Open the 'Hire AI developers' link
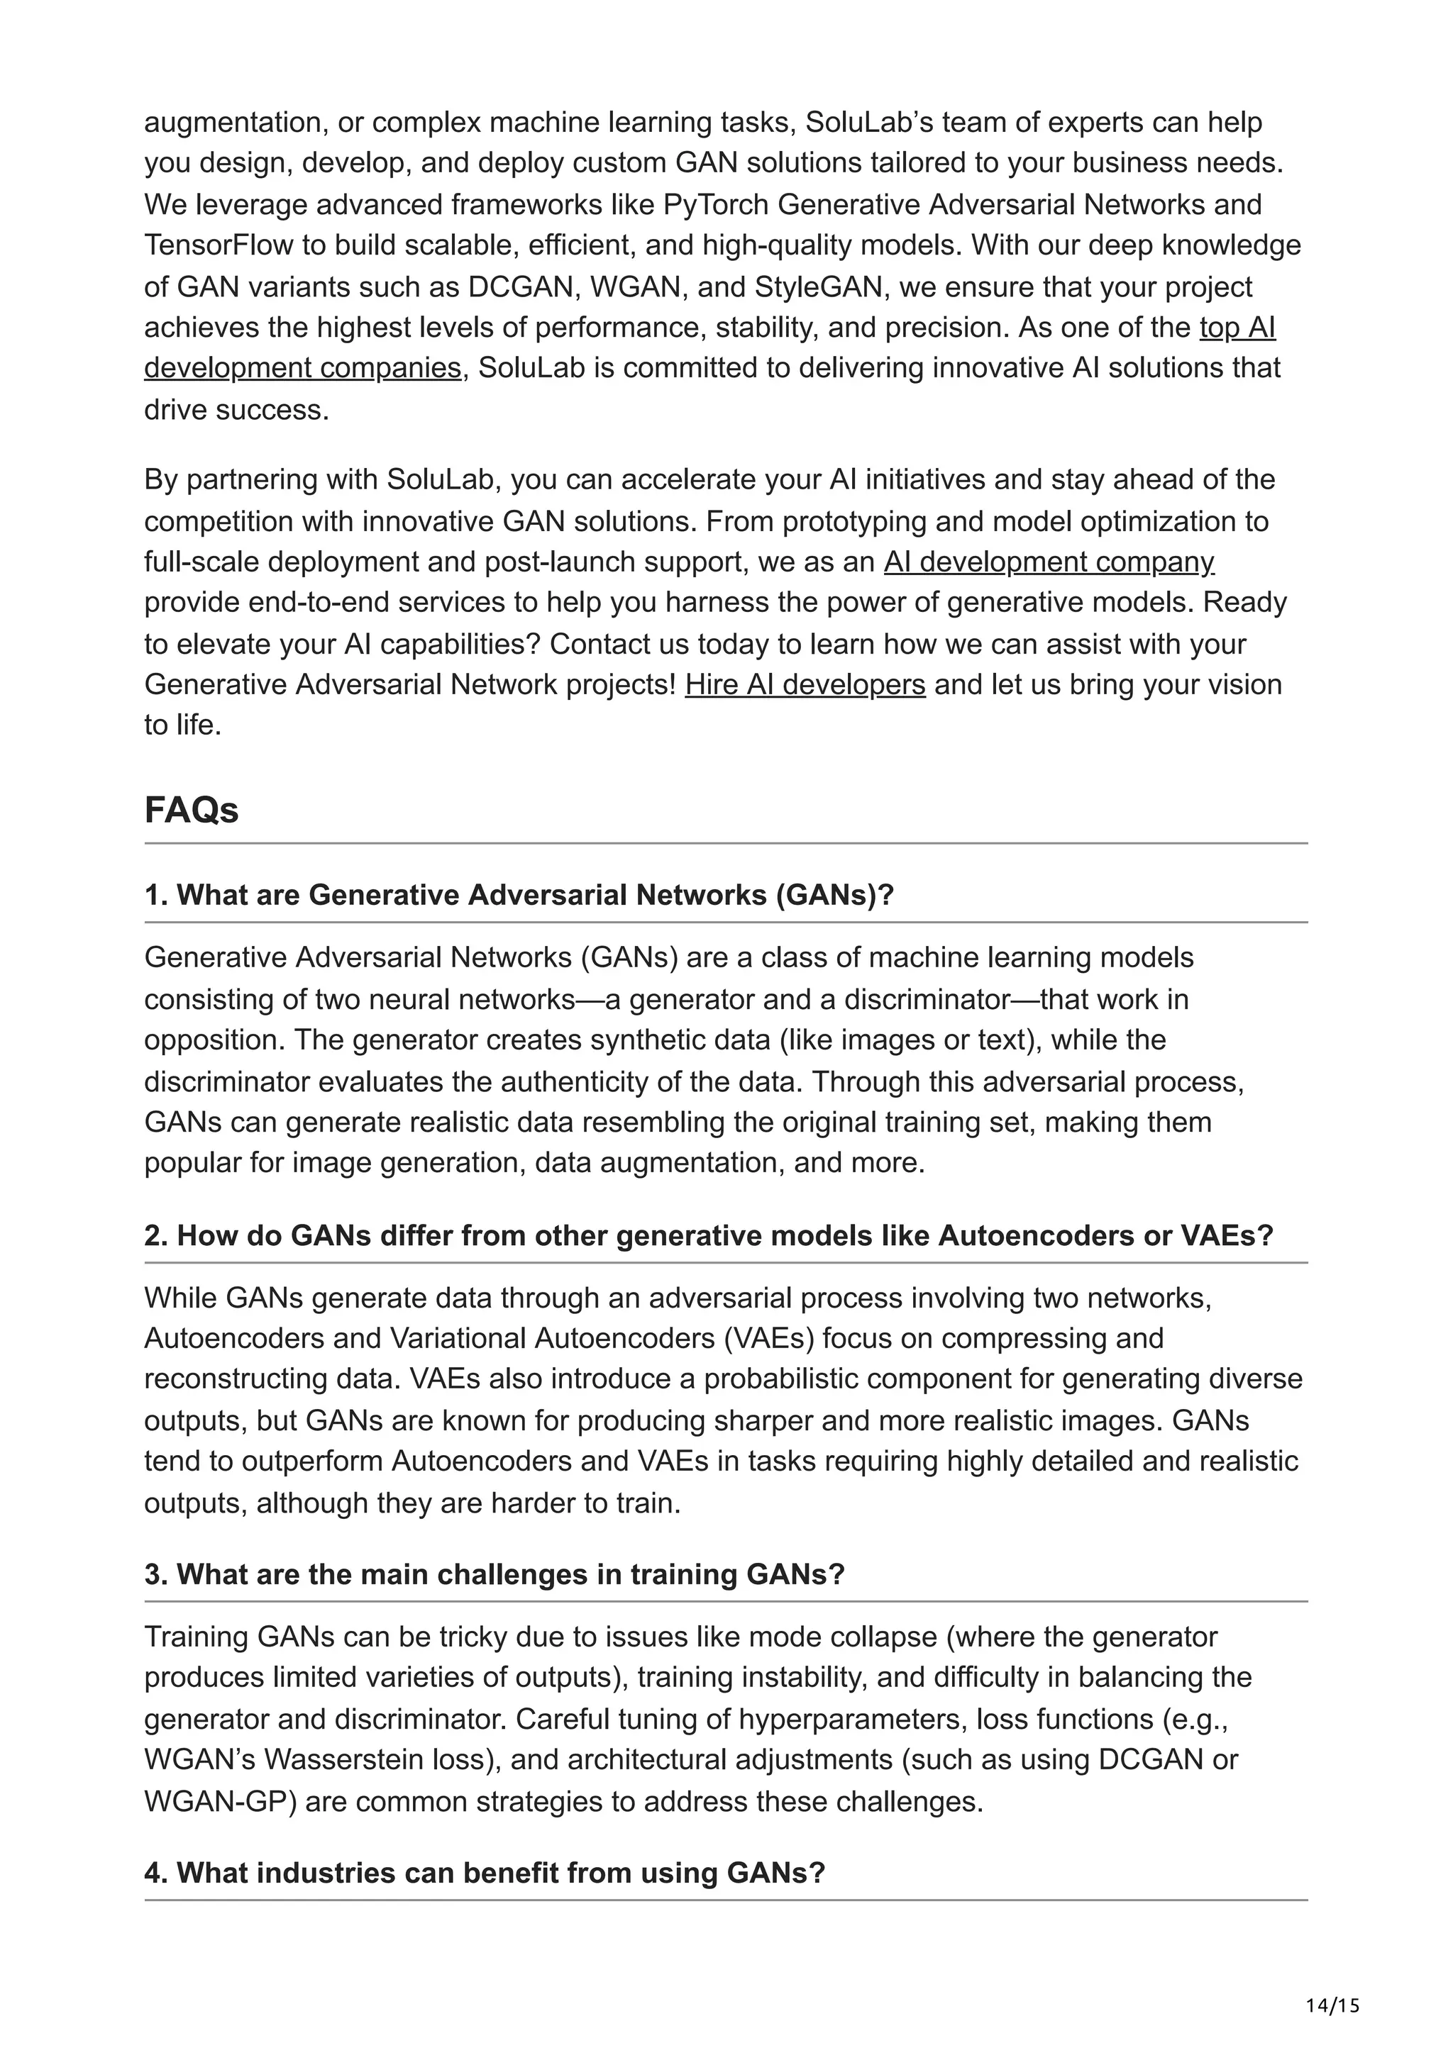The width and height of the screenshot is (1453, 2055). (x=805, y=685)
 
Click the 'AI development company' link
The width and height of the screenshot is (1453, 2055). (x=1049, y=562)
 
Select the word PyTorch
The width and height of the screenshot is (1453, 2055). (x=715, y=205)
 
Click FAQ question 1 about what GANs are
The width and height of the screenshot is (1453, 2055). (x=519, y=895)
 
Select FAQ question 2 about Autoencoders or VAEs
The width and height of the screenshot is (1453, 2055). (x=708, y=1236)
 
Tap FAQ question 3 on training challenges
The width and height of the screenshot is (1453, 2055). (x=495, y=1574)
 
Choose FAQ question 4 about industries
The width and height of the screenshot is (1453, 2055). (x=483, y=1873)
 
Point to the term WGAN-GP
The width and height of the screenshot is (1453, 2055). (x=220, y=1801)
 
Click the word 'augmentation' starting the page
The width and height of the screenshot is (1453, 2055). (x=233, y=123)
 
